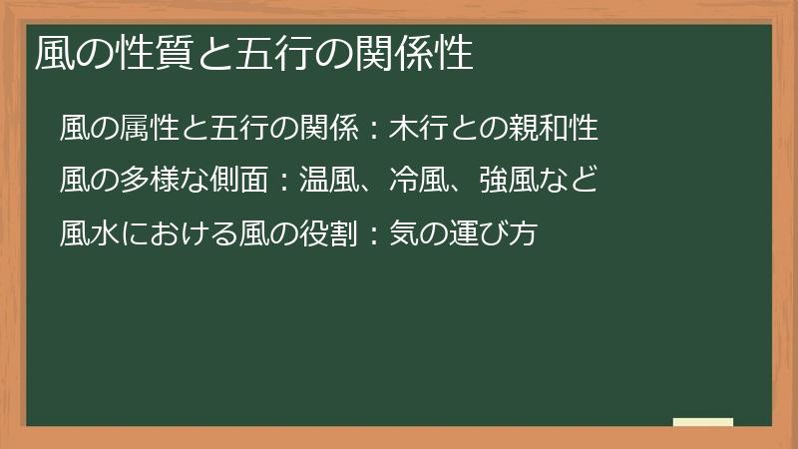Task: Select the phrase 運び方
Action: click(496, 233)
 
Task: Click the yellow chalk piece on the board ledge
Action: click(702, 422)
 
